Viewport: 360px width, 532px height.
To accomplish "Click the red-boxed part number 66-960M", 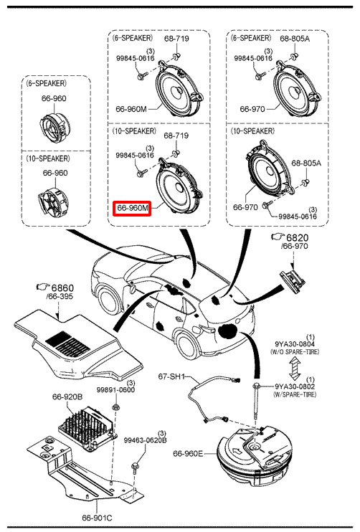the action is pos(133,208).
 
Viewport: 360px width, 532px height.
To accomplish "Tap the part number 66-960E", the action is pos(188,453).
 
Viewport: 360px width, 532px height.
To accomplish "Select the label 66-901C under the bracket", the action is pos(97,518).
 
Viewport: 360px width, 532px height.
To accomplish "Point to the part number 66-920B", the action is pos(67,396).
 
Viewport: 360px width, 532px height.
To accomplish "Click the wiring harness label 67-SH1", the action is pos(171,376).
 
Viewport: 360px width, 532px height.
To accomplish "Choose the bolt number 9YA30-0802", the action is pos(295,386).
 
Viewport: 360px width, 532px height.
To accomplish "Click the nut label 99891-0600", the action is pos(115,390).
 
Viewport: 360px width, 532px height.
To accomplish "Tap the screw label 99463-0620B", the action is pos(146,440).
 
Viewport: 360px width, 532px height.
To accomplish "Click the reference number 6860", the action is pos(62,288).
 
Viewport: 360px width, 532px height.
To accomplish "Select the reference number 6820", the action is pos(298,237).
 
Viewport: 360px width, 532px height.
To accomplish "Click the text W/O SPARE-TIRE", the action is pos(295,352).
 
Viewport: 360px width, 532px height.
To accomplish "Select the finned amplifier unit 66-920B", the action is pos(87,428).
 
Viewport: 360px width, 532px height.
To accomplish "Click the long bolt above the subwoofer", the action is pos(256,402).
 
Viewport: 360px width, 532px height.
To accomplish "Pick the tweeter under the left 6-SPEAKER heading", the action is pos(56,125).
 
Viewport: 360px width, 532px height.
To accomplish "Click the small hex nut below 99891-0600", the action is pos(115,407).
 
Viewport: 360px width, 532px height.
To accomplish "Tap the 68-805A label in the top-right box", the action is pos(295,38).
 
